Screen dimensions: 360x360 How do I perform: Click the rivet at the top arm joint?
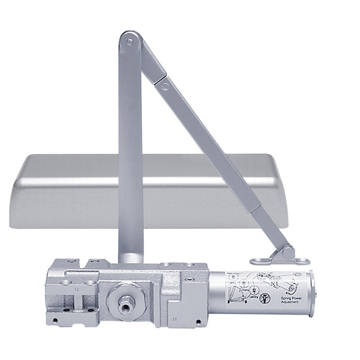coord(129,43)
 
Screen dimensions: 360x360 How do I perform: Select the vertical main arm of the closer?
coord(130,154)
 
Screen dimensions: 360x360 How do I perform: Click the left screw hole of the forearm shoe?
coord(264,261)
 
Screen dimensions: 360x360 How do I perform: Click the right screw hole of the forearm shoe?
coord(303,261)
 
